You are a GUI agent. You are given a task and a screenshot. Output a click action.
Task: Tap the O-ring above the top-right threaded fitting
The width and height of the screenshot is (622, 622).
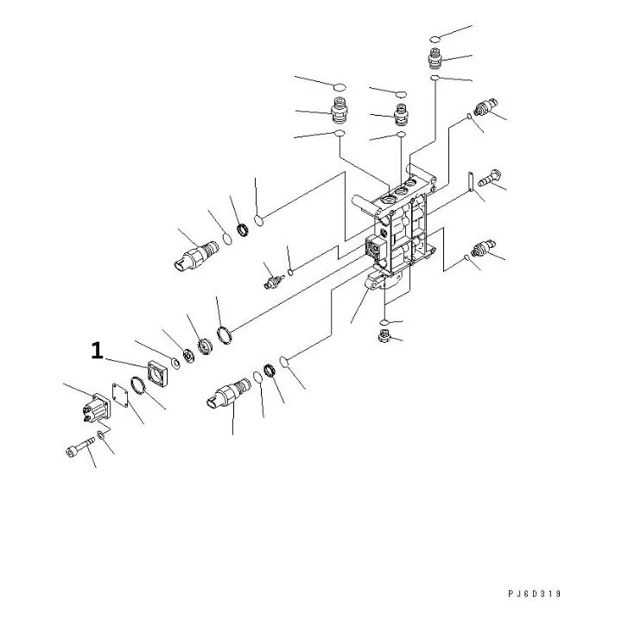[x=438, y=39]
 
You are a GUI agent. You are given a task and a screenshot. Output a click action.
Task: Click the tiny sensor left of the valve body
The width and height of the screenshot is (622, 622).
[x=273, y=281]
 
